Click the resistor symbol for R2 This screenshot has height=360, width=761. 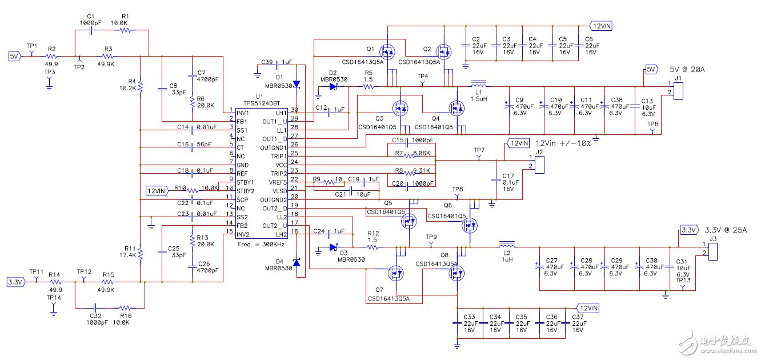tap(52, 57)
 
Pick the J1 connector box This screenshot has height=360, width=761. tap(678, 91)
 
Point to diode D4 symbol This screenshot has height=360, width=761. tap(296, 263)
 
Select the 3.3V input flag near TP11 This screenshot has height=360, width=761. tap(15, 282)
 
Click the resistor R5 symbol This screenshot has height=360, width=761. tap(369, 87)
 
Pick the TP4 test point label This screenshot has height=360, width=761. tap(422, 76)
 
